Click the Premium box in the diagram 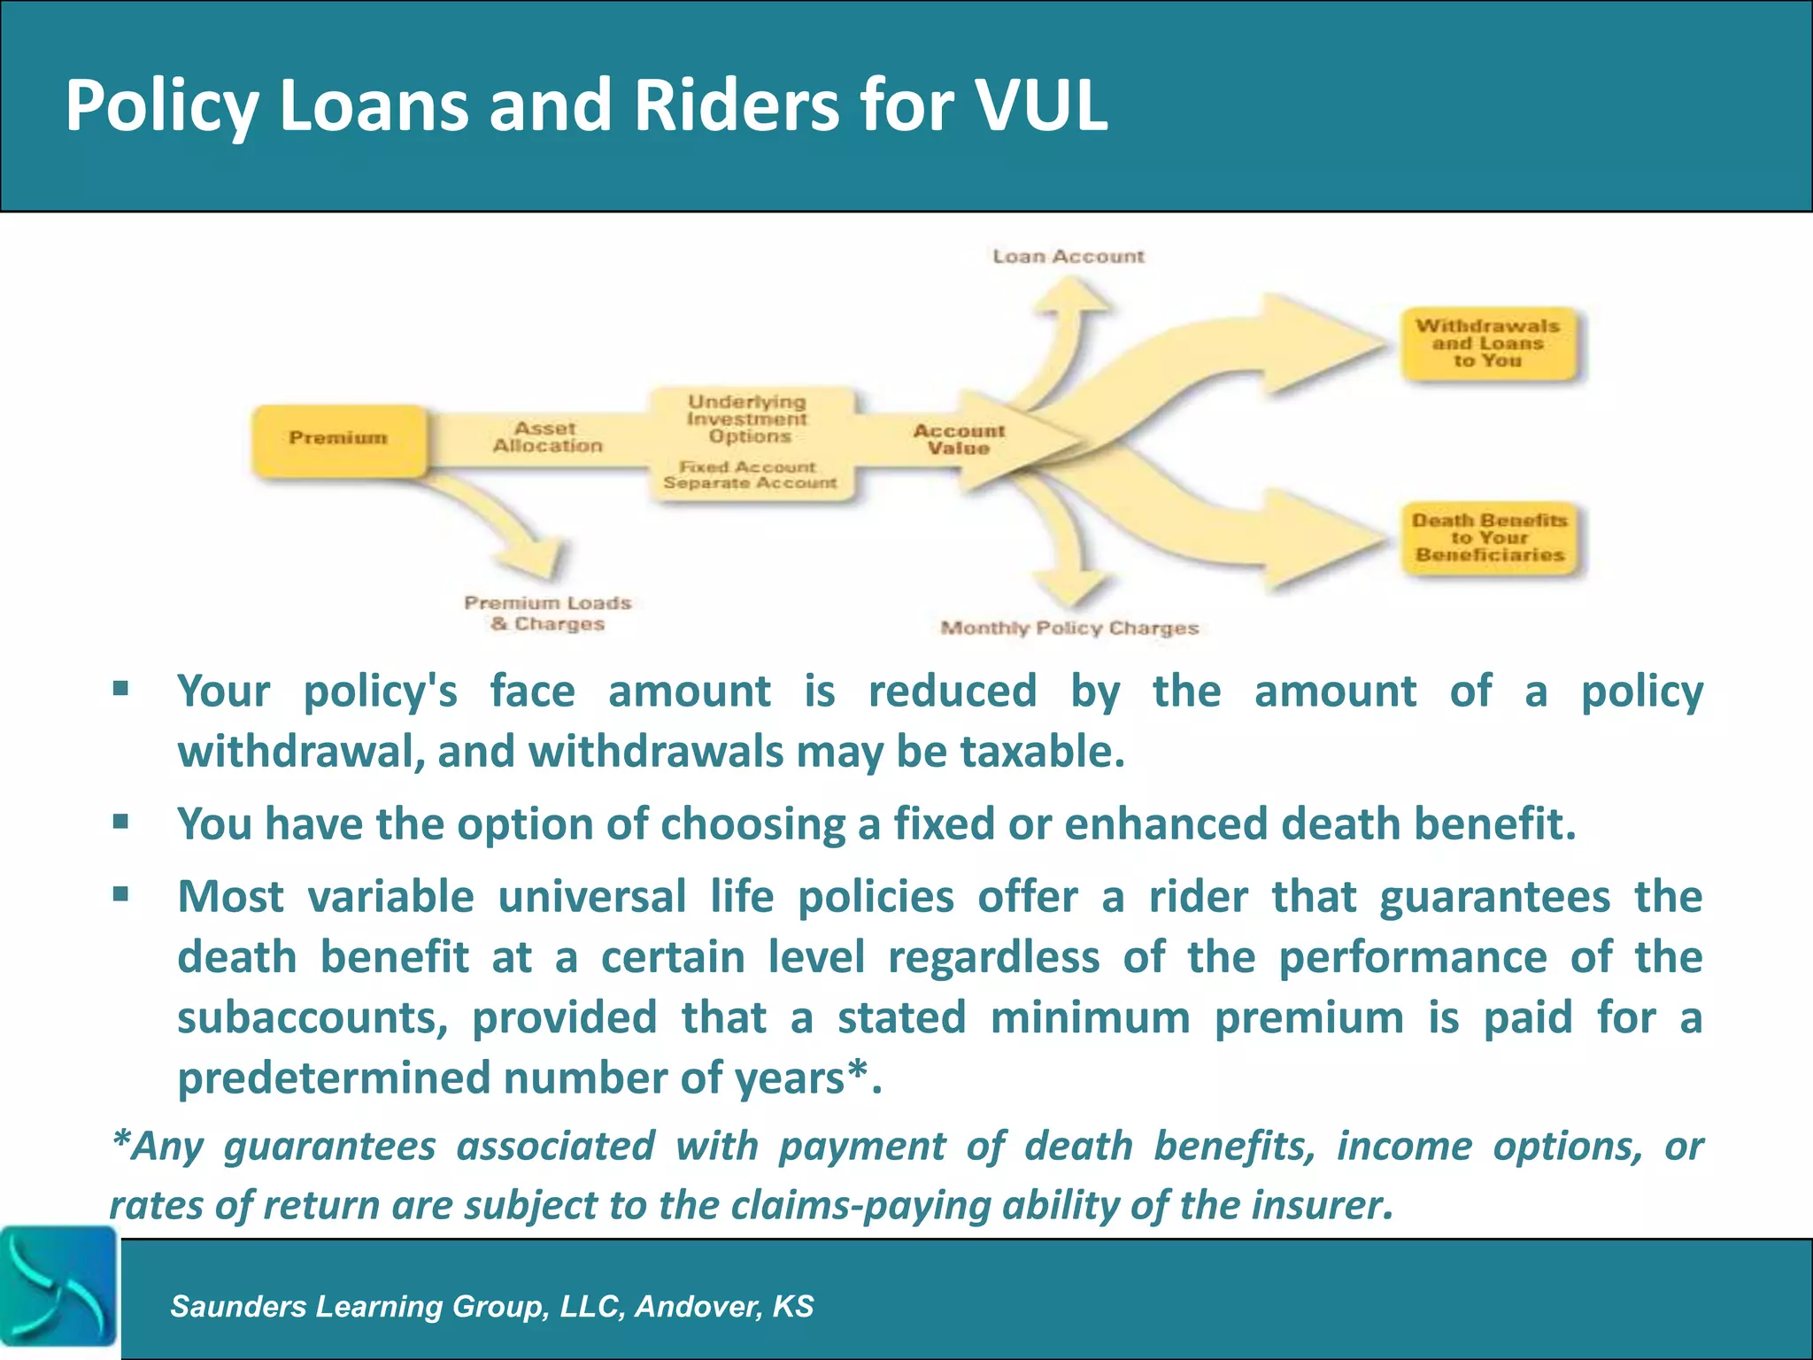coord(339,439)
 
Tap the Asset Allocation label coord(547,437)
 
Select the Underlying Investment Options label coord(748,419)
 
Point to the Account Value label coord(959,439)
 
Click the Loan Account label coord(1069,257)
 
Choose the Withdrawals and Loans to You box coord(1488,344)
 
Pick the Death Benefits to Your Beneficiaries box coord(1490,537)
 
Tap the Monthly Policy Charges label coord(1069,629)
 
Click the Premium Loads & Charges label coord(548,614)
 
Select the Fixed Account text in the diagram coord(748,467)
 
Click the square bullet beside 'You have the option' coord(121,823)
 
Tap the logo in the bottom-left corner coord(58,1292)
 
